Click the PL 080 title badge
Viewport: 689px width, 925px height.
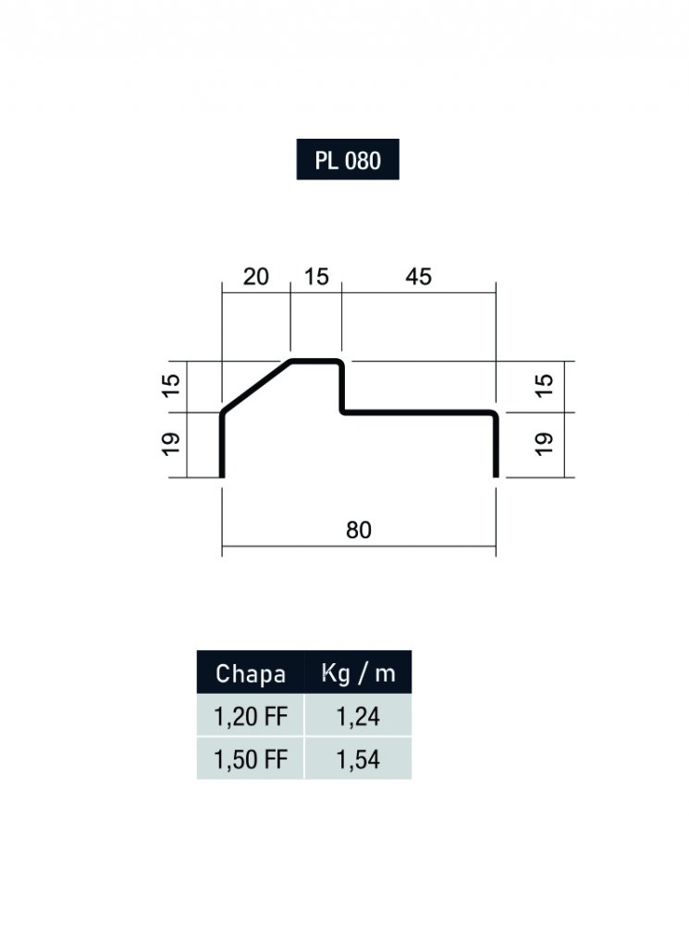coord(348,159)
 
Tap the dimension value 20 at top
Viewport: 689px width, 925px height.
coord(255,276)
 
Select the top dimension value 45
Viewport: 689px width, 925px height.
coord(418,276)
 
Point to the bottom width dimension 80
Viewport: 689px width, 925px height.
coord(359,530)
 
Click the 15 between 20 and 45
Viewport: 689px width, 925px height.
coord(316,276)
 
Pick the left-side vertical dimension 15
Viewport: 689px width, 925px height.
coord(171,386)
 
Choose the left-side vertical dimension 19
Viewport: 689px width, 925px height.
coord(171,444)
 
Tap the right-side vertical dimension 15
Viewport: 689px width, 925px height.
coord(545,386)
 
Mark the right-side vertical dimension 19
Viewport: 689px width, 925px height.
coord(545,444)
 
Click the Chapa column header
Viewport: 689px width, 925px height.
coord(250,672)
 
